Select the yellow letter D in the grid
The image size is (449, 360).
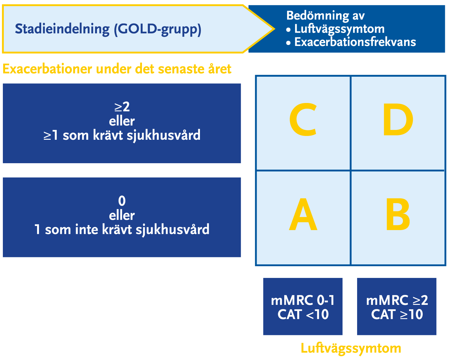pyautogui.click(x=398, y=119)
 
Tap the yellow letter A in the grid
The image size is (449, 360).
pyautogui.click(x=303, y=214)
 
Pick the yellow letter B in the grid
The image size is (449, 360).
pyautogui.click(x=398, y=214)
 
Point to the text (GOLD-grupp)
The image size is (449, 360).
pyautogui.click(x=158, y=29)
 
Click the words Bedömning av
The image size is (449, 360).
pyautogui.click(x=325, y=16)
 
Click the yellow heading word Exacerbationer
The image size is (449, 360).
pyautogui.click(x=47, y=69)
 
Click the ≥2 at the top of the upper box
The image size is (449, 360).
pyautogui.click(x=122, y=107)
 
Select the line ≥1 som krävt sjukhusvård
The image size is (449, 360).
pyautogui.click(x=122, y=135)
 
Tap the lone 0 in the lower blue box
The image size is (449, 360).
pyautogui.click(x=122, y=201)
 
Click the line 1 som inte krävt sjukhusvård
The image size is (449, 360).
pyautogui.click(x=122, y=229)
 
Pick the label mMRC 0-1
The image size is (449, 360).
pyautogui.click(x=303, y=300)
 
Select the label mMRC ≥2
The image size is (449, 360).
pyautogui.click(x=397, y=300)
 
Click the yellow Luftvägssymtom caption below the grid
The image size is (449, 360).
pyautogui.click(x=351, y=349)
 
